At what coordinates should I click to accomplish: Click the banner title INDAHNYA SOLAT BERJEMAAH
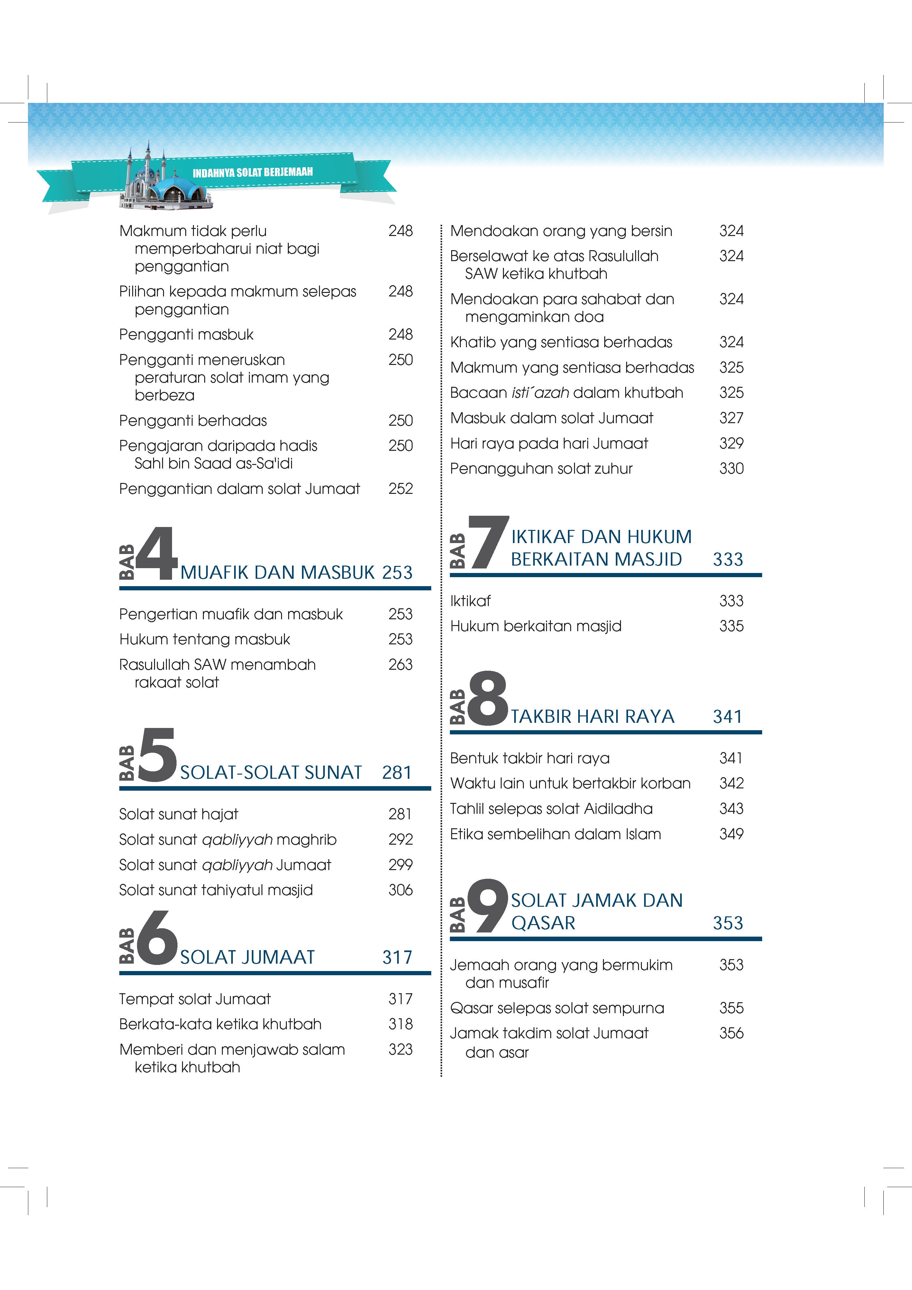tap(252, 172)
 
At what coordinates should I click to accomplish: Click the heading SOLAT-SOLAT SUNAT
tap(271, 773)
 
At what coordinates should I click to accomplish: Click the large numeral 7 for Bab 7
tap(488, 542)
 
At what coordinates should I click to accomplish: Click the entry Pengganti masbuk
tap(186, 335)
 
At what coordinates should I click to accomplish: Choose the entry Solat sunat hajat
tap(179, 814)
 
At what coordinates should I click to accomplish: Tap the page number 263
tap(400, 665)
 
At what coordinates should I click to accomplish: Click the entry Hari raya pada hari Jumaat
tap(549, 444)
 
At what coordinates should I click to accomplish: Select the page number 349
tap(731, 834)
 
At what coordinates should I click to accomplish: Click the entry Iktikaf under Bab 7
tap(470, 601)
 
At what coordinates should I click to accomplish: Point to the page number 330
tap(731, 468)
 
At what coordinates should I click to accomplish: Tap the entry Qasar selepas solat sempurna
tap(557, 1009)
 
